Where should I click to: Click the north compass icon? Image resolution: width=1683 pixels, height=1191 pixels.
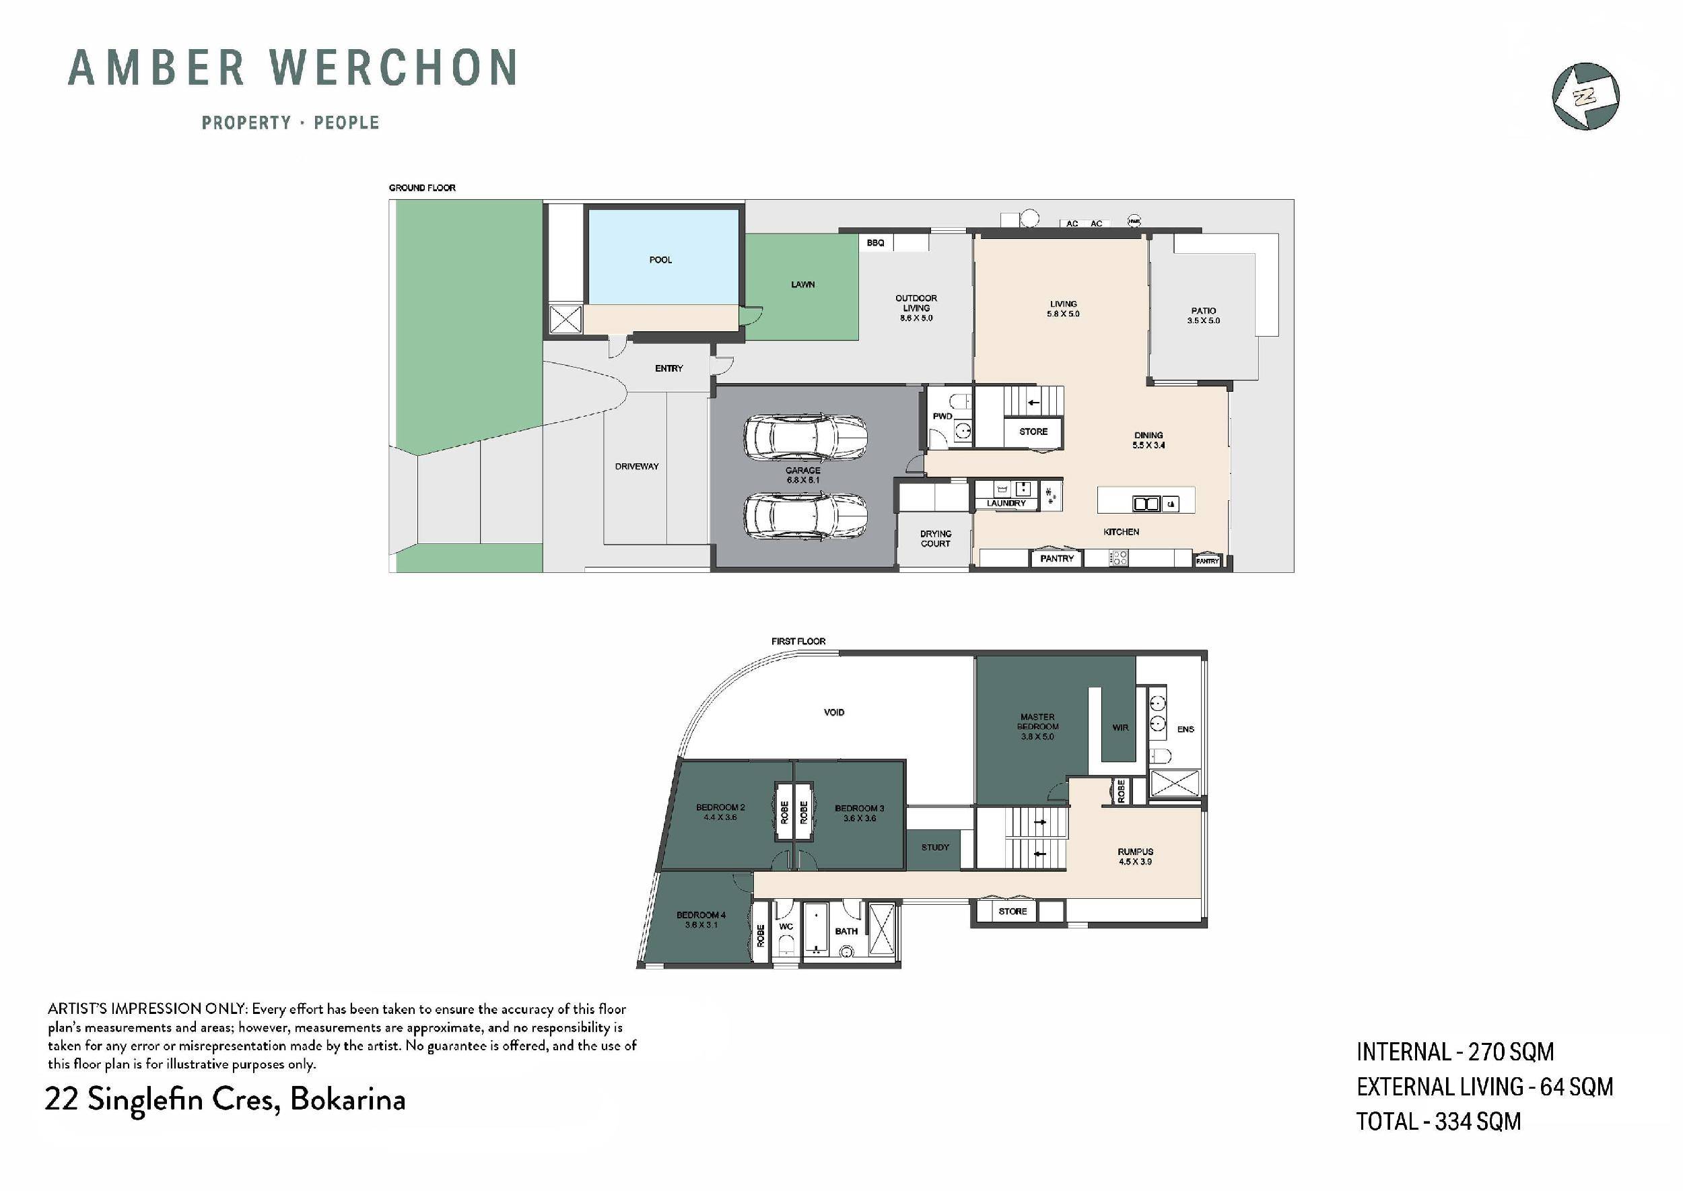click(x=1585, y=96)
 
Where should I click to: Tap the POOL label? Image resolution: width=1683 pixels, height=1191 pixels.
click(x=660, y=260)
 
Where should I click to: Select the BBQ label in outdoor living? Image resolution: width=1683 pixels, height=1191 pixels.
click(x=875, y=243)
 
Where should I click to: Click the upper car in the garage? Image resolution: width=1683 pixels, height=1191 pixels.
click(x=805, y=438)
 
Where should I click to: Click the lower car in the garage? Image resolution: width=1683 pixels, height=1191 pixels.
click(x=805, y=516)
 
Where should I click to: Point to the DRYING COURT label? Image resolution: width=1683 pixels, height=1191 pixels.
click(x=935, y=539)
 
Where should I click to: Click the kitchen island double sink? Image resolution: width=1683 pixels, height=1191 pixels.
click(x=1146, y=504)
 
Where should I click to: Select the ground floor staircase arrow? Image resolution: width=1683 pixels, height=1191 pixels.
click(x=1033, y=402)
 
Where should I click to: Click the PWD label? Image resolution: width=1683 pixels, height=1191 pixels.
click(x=942, y=416)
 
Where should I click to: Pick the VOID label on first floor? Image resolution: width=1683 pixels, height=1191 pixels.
click(x=834, y=712)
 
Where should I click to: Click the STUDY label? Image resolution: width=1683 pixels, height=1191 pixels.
click(x=935, y=847)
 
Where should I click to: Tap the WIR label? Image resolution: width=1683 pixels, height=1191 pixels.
click(x=1120, y=728)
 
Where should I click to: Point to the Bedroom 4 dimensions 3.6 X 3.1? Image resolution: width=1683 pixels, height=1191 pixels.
click(x=701, y=925)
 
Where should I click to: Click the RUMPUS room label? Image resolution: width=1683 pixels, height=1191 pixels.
click(x=1135, y=852)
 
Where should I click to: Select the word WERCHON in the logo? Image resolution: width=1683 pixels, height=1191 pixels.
click(x=394, y=67)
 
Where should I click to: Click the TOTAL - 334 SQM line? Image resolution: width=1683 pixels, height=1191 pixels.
click(x=1438, y=1122)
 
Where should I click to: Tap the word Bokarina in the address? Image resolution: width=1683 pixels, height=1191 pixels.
click(x=347, y=1099)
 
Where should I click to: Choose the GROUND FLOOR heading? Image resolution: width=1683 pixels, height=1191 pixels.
click(x=421, y=188)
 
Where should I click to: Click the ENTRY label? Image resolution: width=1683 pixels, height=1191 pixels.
click(x=668, y=368)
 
